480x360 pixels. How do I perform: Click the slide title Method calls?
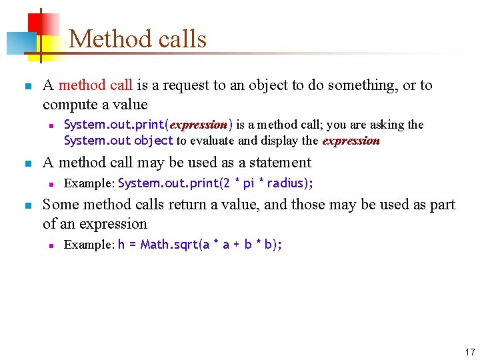[137, 39]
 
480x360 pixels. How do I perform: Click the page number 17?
[470, 352]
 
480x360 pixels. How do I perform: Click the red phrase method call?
[95, 85]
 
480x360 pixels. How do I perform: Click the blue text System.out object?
[119, 141]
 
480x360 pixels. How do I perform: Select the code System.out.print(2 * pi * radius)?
[215, 183]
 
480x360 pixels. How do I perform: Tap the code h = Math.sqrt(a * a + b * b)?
[200, 245]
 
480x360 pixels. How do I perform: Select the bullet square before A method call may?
[27, 163]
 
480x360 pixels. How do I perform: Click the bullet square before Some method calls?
[27, 205]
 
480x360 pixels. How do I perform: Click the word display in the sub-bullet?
[284, 141]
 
